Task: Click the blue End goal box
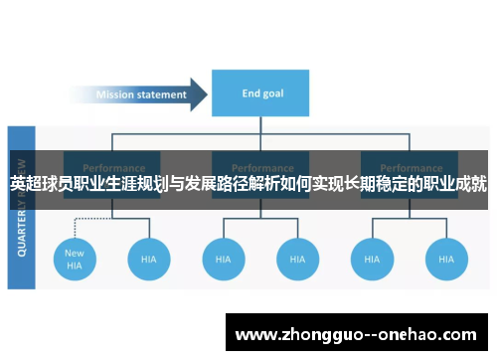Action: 263,94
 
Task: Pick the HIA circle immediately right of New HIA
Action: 148,259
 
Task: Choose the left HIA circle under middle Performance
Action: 223,259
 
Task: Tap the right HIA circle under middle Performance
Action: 296,259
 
